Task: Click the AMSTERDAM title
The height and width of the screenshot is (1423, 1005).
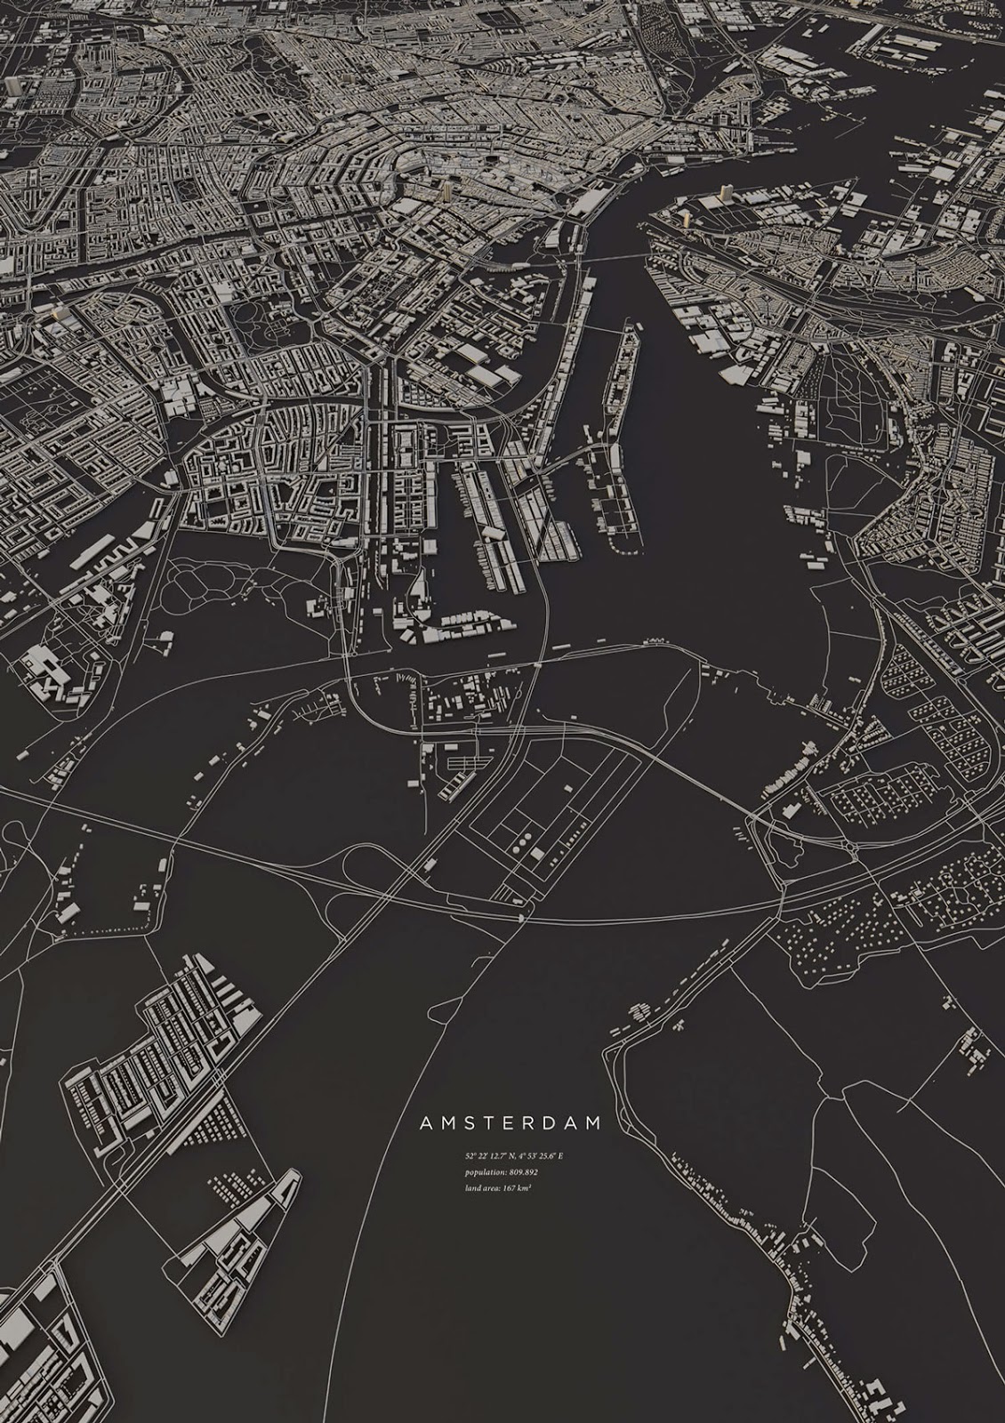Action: tap(511, 1123)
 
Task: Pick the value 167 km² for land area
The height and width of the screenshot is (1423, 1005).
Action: tap(518, 1188)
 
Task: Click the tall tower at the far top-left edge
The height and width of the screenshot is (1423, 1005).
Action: tap(12, 85)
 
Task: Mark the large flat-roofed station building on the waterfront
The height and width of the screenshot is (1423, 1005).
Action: tap(588, 203)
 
